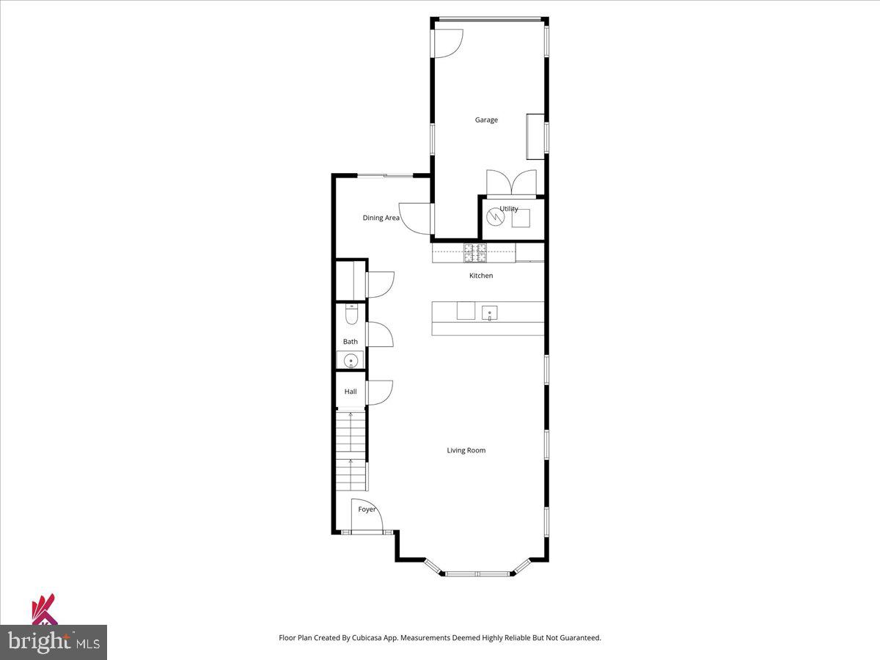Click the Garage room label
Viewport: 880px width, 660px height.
tap(486, 120)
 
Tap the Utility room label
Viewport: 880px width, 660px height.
tap(509, 209)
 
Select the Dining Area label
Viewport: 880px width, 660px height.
tap(381, 218)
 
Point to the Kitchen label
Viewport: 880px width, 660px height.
tap(481, 276)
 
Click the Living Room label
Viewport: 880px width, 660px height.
tap(466, 450)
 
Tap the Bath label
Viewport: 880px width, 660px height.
tap(351, 342)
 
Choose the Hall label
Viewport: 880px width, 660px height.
tap(351, 392)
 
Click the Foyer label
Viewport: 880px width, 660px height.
tap(367, 509)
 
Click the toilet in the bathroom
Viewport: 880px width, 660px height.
tap(351, 315)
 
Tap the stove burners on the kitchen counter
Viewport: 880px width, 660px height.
tap(474, 253)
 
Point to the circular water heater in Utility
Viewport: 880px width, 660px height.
tap(496, 217)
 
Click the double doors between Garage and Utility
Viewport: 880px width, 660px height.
tap(511, 183)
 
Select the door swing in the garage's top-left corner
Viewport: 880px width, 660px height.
tap(448, 43)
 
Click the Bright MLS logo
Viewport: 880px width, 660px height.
tap(54, 642)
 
